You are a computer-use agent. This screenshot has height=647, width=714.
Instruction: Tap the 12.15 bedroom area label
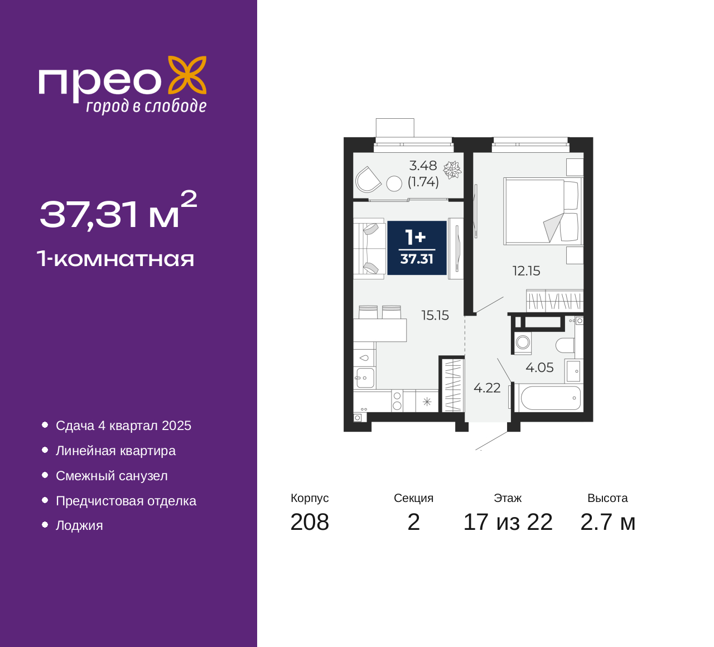pos(526,271)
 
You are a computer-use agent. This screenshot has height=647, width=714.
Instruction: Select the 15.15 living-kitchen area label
pos(435,315)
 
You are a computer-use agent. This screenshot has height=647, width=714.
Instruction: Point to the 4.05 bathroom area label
pos(539,367)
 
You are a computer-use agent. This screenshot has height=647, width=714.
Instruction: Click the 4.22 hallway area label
pos(487,388)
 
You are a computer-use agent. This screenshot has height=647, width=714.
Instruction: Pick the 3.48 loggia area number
pos(423,166)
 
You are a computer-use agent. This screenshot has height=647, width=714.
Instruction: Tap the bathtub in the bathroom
pos(550,398)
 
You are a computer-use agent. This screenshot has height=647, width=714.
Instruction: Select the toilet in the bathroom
pos(565,345)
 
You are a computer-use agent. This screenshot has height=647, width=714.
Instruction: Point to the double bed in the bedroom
pos(542,211)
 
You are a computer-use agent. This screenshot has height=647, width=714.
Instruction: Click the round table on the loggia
pos(394,184)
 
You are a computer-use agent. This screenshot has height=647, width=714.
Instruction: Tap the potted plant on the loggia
pos(452,170)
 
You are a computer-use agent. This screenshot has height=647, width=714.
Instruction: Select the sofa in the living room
pos(369,248)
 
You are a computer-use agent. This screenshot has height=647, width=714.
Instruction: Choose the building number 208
pos(310,522)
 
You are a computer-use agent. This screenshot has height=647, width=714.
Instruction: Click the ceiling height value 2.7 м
pos(607,522)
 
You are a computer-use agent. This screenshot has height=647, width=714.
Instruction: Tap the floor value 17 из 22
pos(508,522)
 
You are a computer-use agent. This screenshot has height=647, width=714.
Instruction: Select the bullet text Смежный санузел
pos(112,476)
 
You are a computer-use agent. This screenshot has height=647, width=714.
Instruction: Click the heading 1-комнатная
pos(115,259)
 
